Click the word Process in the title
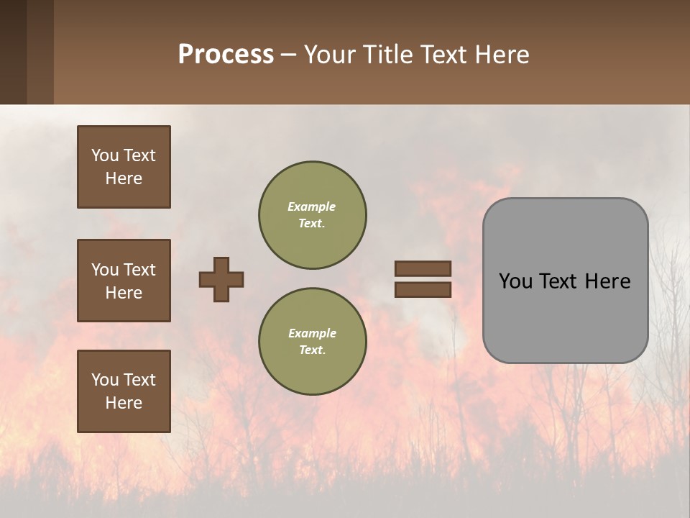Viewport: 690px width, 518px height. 226,55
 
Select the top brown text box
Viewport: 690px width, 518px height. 124,167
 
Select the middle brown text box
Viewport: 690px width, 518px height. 124,281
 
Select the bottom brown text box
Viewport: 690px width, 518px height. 124,391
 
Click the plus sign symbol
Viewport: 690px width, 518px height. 221,279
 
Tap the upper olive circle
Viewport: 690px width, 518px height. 313,215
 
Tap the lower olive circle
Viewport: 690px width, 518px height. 313,342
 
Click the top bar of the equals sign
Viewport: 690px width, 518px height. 423,269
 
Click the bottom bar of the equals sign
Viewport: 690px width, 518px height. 423,289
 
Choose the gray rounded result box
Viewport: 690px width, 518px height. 565,281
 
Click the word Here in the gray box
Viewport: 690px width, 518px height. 607,281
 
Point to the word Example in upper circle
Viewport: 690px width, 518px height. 312,206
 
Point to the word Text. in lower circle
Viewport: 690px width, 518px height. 312,350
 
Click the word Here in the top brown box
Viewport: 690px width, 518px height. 124,178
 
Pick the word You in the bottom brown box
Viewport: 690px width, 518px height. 105,380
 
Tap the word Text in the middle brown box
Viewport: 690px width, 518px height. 139,270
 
